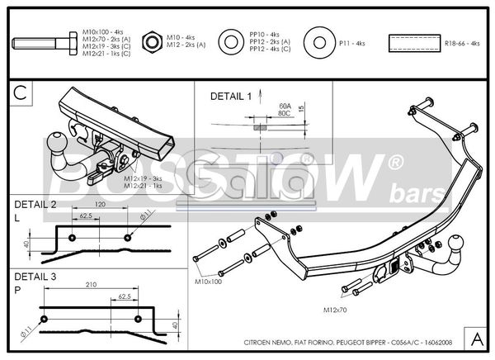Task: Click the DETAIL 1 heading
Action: point(231,97)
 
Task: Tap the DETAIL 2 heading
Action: point(35,203)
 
